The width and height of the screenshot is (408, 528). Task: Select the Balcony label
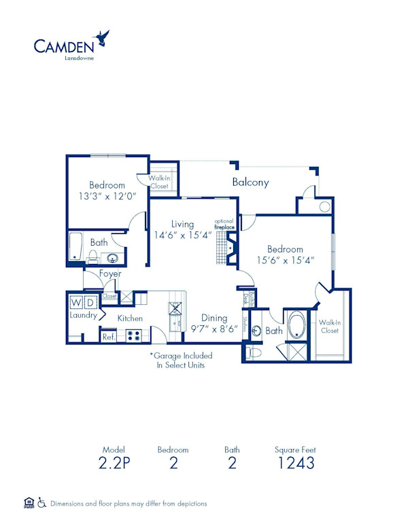[250, 182]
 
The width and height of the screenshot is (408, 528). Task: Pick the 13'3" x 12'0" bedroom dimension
[107, 196]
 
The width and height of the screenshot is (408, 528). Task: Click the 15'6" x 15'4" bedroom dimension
[285, 260]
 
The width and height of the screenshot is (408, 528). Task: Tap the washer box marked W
[75, 301]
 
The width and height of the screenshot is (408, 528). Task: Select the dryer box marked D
[90, 301]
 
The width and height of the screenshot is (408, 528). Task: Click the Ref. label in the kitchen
[108, 335]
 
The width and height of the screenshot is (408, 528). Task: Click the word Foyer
[110, 274]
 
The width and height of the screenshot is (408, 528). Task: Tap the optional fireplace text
[224, 224]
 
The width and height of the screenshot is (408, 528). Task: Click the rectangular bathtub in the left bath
[75, 247]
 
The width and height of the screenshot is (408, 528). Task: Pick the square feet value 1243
[296, 463]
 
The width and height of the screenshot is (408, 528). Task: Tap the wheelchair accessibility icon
[41, 504]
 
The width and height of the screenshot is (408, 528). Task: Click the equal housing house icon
[29, 504]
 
